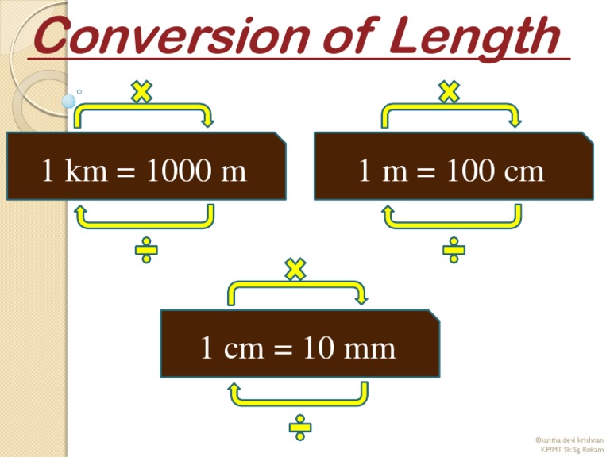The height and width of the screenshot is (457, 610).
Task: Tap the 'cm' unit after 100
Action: (x=525, y=170)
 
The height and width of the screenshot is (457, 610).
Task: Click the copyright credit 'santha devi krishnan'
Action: (x=570, y=439)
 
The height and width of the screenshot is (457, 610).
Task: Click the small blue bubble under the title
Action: (x=69, y=101)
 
